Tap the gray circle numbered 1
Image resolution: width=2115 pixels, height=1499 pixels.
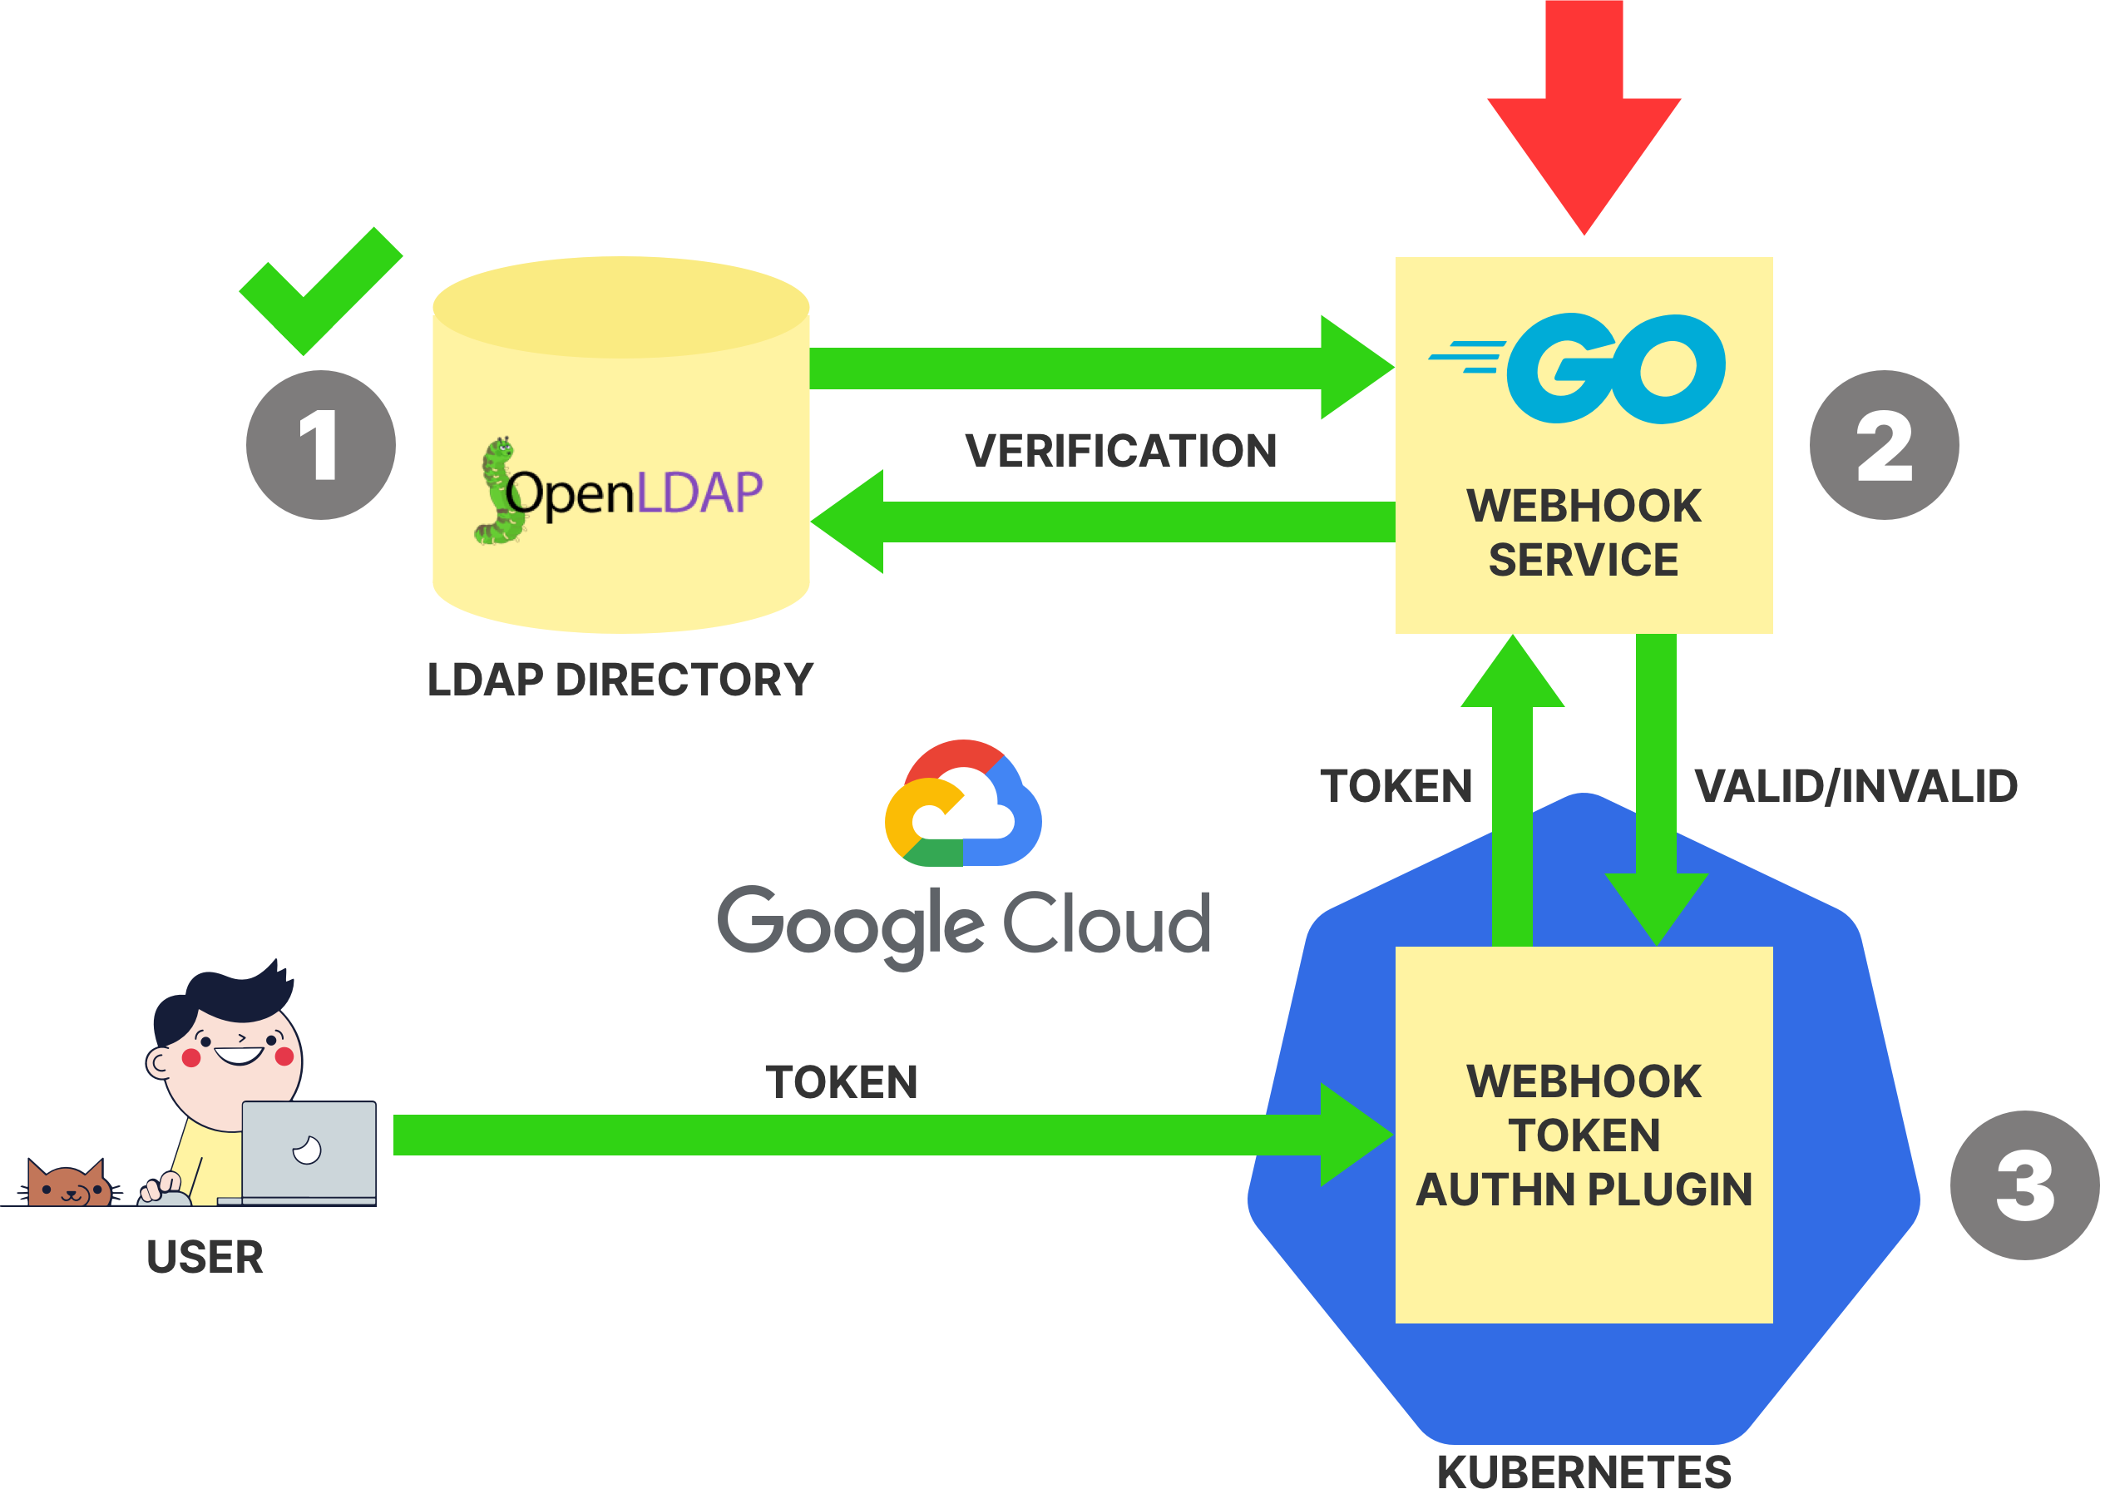click(x=320, y=445)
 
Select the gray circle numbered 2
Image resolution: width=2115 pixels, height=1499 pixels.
click(x=1884, y=445)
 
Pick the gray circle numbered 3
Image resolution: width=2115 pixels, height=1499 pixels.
click(x=2024, y=1185)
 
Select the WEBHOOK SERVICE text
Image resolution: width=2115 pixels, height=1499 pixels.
click(x=1584, y=532)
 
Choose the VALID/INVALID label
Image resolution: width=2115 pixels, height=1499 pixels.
click(x=1856, y=786)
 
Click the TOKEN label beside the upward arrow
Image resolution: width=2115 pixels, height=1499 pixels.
click(x=1396, y=786)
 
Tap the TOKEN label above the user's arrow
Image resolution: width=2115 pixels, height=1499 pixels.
click(x=842, y=1081)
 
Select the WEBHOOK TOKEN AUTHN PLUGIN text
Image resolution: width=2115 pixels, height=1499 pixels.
click(x=1584, y=1135)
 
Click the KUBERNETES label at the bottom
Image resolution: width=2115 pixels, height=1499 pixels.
click(x=1584, y=1472)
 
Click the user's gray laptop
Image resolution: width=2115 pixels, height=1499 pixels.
click(x=309, y=1151)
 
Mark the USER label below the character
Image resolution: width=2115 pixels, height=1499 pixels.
click(x=205, y=1257)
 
